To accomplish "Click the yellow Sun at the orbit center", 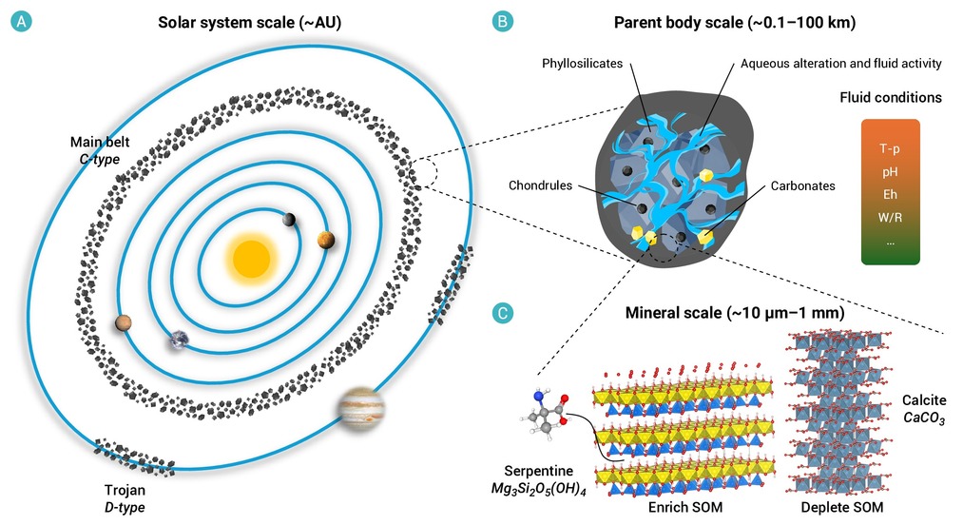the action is [251, 259].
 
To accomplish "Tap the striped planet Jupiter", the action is [360, 408].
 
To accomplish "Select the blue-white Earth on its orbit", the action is [180, 340].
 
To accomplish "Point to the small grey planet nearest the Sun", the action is [289, 219].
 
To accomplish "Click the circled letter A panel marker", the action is [21, 22].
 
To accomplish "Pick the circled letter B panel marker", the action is [502, 22].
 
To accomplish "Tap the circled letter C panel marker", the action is [502, 313].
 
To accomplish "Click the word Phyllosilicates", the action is [582, 64].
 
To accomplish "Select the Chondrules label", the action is [540, 185].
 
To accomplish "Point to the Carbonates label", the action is [802, 185].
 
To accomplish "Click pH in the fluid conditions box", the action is [890, 172].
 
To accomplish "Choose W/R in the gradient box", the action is [890, 218].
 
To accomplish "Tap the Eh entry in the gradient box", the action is [890, 194].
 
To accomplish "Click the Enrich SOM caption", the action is [685, 507].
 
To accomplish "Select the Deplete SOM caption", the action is [842, 507].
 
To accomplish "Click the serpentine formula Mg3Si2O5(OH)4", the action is [539, 490].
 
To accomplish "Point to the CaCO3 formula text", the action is [924, 418].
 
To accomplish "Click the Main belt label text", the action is [100, 142].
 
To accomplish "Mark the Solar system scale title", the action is [249, 22].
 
